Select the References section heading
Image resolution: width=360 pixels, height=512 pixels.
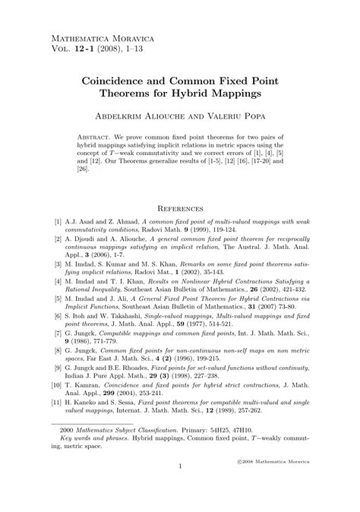[179, 207]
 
